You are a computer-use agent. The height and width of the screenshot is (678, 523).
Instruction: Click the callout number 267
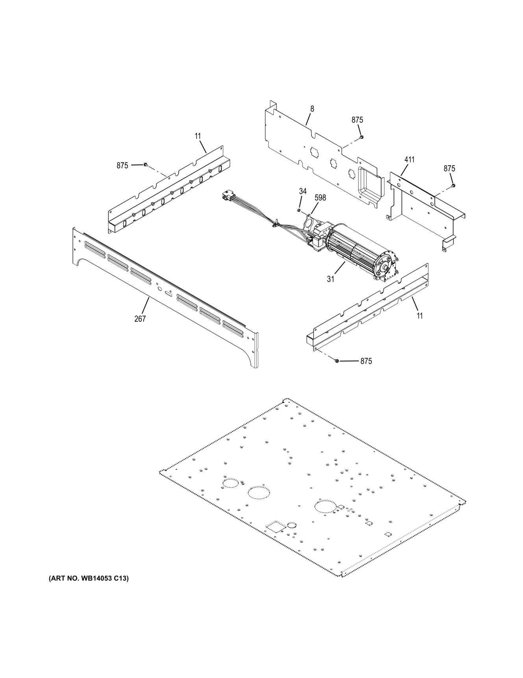pyautogui.click(x=140, y=319)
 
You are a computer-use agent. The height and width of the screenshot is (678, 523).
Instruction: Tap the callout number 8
pyautogui.click(x=312, y=108)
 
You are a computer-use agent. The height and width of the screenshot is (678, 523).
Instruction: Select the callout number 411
pyautogui.click(x=409, y=160)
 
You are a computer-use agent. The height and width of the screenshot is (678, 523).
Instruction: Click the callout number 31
pyautogui.click(x=330, y=279)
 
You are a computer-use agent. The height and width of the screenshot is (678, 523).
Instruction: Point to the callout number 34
pyautogui.click(x=302, y=191)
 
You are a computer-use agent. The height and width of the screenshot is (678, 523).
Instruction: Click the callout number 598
pyautogui.click(x=320, y=198)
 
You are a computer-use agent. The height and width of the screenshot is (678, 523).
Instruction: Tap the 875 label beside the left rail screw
pyautogui.click(x=122, y=166)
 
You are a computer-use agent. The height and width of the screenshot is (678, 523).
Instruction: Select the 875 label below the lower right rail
pyautogui.click(x=366, y=361)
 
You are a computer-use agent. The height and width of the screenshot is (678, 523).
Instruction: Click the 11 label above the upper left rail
pyautogui.click(x=198, y=136)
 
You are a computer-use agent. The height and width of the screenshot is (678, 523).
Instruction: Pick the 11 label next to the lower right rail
pyautogui.click(x=420, y=316)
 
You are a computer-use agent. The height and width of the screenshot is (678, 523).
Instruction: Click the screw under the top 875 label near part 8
pyautogui.click(x=361, y=137)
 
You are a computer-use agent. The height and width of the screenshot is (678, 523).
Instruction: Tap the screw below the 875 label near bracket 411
pyautogui.click(x=453, y=185)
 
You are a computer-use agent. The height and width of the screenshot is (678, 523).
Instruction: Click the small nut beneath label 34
pyautogui.click(x=299, y=210)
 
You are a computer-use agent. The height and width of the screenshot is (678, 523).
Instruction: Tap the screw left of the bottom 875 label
pyautogui.click(x=337, y=360)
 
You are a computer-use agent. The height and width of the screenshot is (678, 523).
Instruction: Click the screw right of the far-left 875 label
pyautogui.click(x=146, y=164)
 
